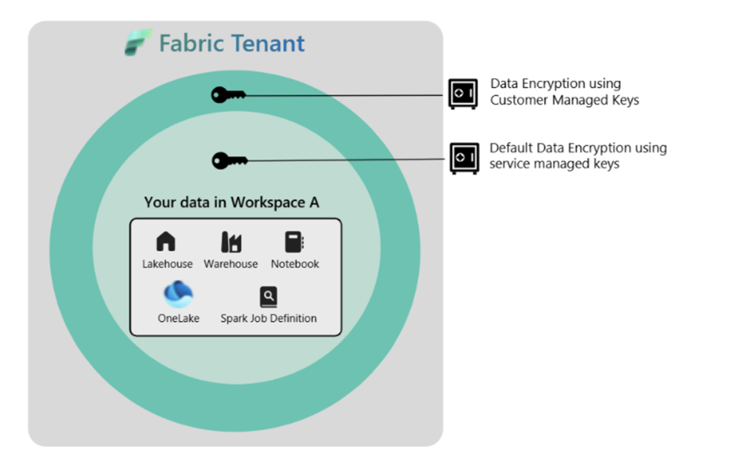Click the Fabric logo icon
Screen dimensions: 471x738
point(138,42)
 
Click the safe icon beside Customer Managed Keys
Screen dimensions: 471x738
point(462,94)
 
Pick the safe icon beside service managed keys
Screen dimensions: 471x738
point(464,158)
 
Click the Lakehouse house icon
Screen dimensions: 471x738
point(166,242)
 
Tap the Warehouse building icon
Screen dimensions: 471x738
point(230,242)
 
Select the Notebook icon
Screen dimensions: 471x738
point(294,242)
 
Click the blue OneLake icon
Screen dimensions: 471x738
point(178,295)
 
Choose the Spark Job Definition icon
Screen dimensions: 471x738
point(269,296)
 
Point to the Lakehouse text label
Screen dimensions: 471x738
point(167,264)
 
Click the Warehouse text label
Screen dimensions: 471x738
point(230,264)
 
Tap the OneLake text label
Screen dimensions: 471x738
point(178,318)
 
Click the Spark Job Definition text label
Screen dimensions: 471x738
point(269,318)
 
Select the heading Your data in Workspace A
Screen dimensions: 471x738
point(231,203)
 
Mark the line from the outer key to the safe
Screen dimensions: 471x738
point(344,96)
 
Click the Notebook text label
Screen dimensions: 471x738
point(295,264)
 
